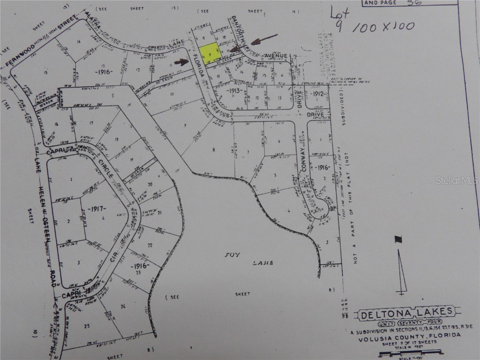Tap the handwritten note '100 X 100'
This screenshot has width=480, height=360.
[382, 27]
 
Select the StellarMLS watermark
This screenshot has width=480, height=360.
[456, 180]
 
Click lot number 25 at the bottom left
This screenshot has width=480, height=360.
[86, 325]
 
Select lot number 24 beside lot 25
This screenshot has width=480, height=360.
[123, 307]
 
